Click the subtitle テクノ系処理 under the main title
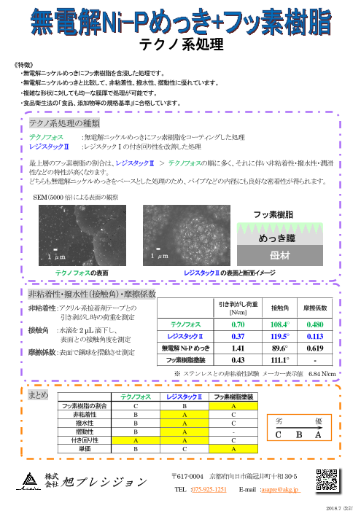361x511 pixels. tap(180, 44)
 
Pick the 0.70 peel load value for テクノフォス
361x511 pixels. tap(238, 323)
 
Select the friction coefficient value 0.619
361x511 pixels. tap(316, 348)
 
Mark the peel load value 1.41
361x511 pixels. tap(238, 348)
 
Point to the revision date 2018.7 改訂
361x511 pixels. tap(338, 504)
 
